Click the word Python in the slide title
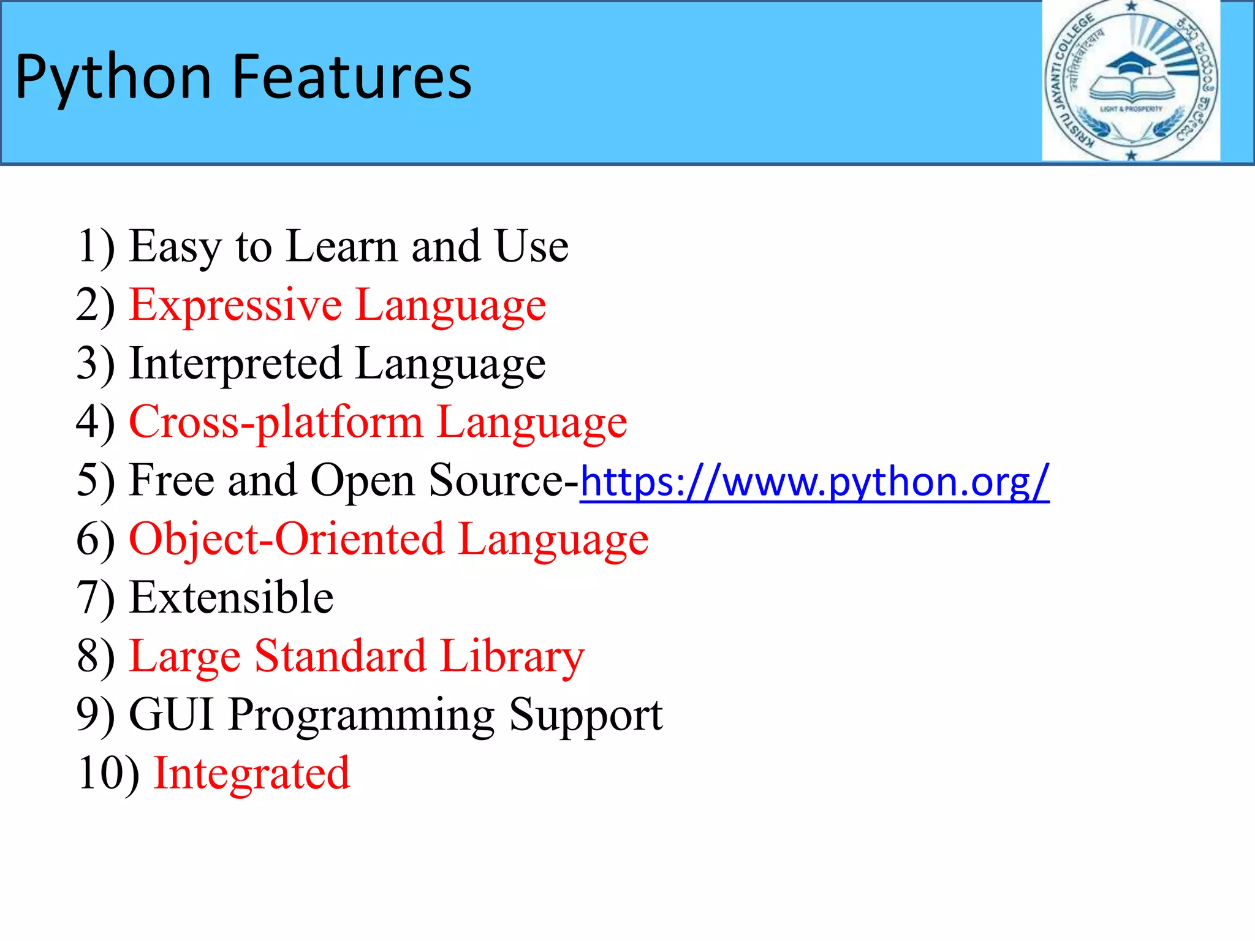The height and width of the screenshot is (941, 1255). (x=113, y=78)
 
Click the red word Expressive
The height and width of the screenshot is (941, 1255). (x=235, y=305)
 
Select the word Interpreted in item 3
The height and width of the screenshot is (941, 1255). (x=235, y=364)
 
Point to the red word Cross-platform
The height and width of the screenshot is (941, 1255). (x=276, y=423)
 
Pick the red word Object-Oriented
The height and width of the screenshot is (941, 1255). (x=286, y=540)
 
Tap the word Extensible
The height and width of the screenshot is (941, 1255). (x=232, y=597)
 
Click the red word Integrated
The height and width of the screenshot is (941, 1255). (x=251, y=773)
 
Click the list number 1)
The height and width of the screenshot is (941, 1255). (x=96, y=247)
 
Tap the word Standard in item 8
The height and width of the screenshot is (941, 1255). (x=340, y=656)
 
